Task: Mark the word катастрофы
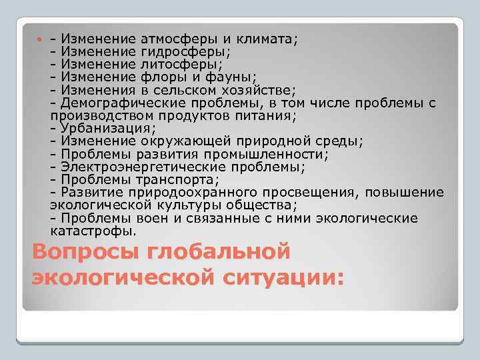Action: pos(93,231)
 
